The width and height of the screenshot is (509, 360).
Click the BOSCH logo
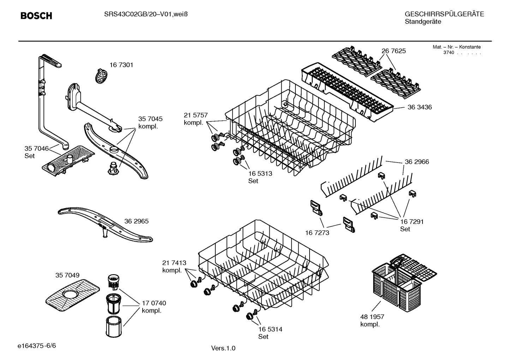point(36,16)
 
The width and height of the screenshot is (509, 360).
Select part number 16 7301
point(121,65)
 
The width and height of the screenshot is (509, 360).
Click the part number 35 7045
point(150,119)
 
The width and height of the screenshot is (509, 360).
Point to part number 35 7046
point(36,148)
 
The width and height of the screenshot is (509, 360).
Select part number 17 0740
point(154,303)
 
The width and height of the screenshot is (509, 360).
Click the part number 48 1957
point(372,317)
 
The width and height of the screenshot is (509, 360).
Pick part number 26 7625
point(394,51)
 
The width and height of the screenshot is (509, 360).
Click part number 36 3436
point(420,107)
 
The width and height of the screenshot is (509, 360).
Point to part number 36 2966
point(417,162)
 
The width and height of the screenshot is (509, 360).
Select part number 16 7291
point(412,222)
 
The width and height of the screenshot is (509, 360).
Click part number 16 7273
point(317,232)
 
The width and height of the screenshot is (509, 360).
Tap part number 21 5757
point(196,115)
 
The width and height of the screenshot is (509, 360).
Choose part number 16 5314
point(270,329)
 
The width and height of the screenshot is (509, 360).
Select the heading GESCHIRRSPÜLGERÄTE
point(444,14)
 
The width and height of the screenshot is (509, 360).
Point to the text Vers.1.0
point(223,348)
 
